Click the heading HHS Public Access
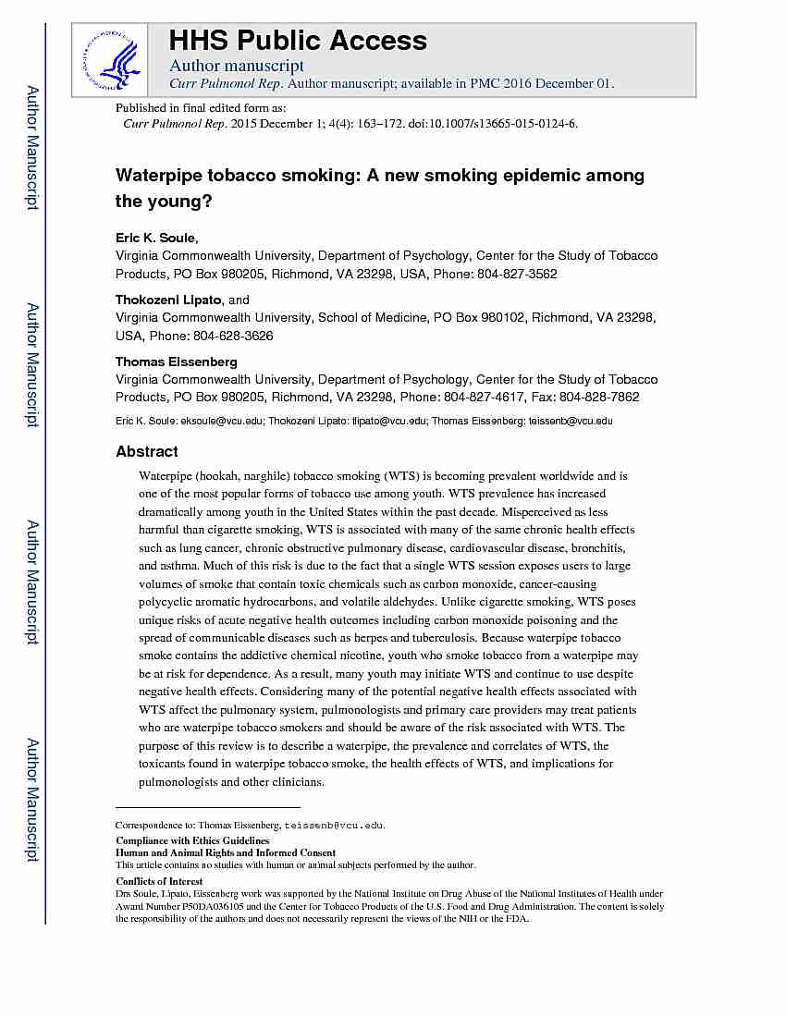click(297, 41)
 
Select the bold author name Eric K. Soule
click(154, 238)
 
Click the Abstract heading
click(146, 451)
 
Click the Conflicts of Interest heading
click(159, 881)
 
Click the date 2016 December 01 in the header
click(559, 83)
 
